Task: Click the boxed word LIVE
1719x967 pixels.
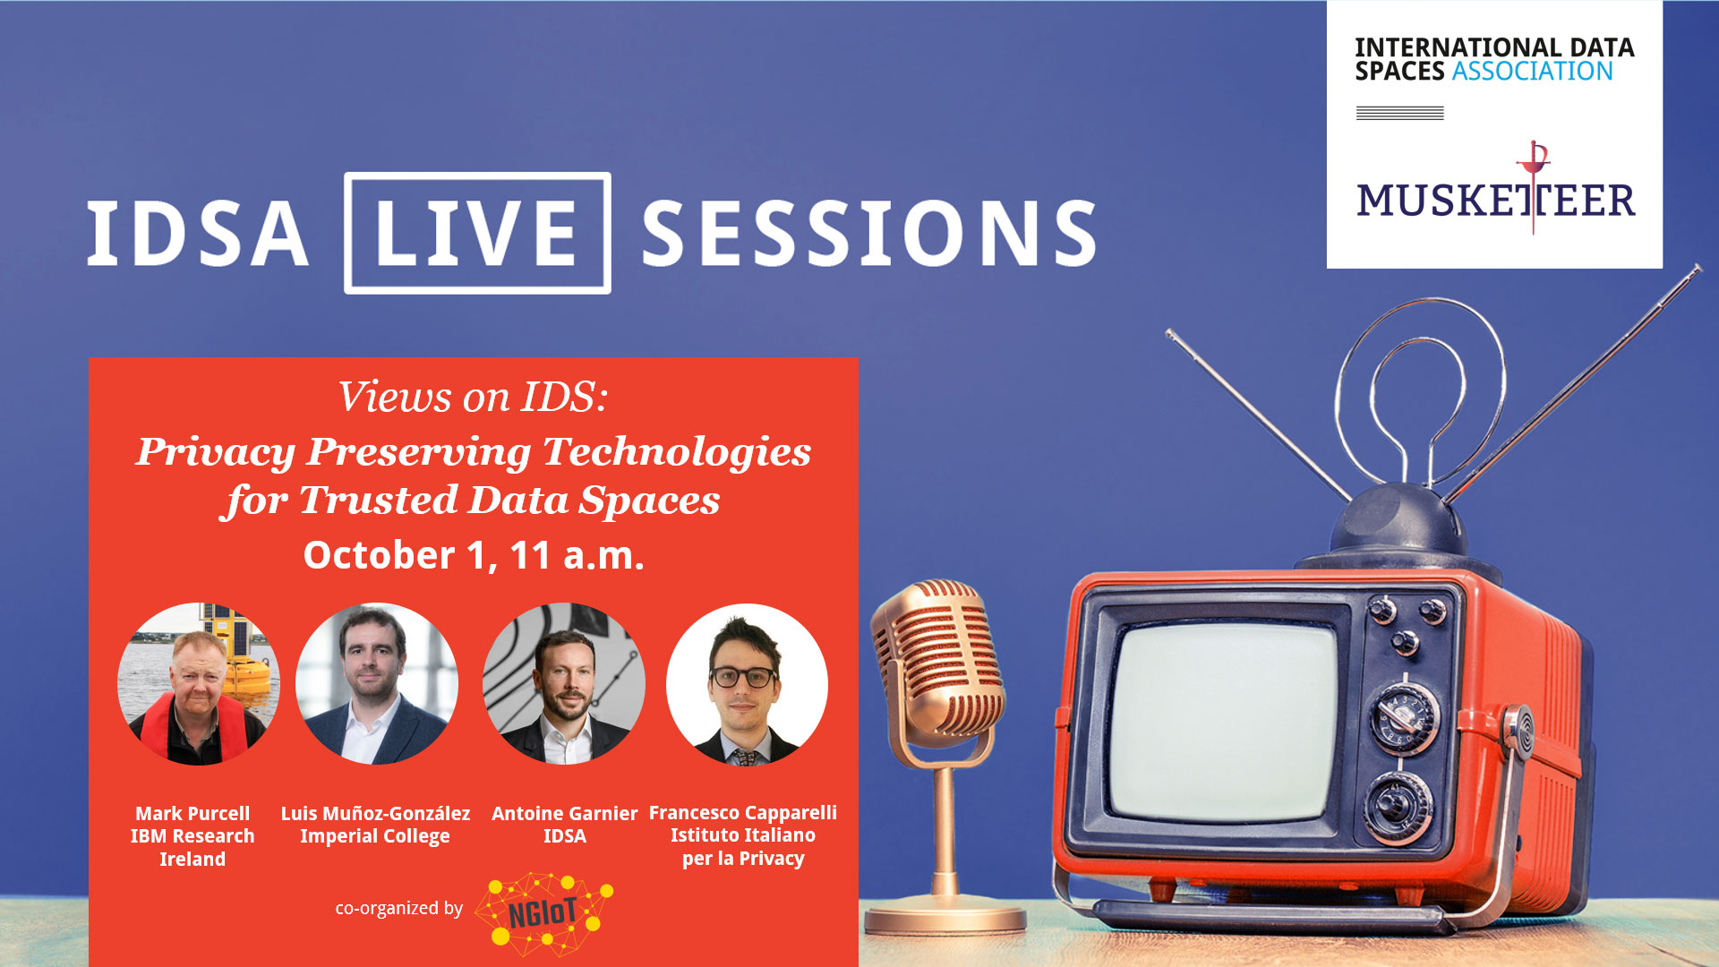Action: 477,233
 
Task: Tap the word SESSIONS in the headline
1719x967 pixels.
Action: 869,233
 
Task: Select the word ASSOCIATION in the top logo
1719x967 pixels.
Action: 1532,72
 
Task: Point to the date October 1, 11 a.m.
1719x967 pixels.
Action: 474,555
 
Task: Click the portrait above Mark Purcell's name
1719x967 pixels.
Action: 199,684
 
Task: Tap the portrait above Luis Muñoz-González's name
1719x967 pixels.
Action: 377,684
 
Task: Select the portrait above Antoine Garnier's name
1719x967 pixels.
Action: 564,684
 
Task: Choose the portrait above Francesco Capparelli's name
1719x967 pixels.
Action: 747,684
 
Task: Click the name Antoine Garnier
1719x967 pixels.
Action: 565,813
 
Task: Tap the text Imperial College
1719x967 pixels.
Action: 375,836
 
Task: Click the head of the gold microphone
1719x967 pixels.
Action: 936,663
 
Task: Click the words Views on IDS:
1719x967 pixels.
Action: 473,397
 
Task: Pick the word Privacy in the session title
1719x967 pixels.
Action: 216,452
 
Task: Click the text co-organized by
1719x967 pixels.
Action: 398,908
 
